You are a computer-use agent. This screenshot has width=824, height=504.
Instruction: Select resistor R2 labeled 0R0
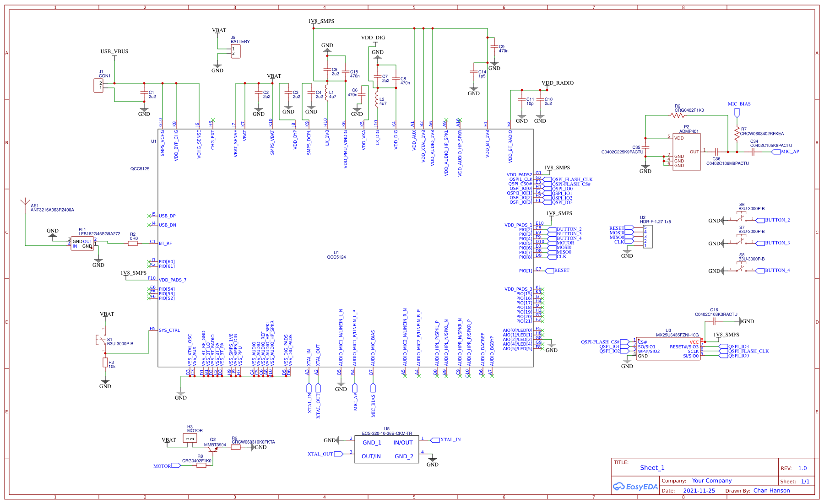(x=133, y=244)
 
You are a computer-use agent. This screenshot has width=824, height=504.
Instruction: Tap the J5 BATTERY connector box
(x=235, y=51)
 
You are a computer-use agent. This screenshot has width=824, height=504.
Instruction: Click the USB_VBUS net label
(x=114, y=51)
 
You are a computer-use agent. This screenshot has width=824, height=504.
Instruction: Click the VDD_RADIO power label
(x=557, y=83)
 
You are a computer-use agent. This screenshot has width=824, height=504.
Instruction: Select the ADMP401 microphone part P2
(x=686, y=152)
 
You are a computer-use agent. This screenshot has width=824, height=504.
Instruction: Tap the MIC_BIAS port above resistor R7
(x=737, y=112)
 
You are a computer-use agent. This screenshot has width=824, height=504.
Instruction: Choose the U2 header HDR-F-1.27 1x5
(x=648, y=236)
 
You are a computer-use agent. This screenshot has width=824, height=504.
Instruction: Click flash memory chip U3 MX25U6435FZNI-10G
(x=668, y=349)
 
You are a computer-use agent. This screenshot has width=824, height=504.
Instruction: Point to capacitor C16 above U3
(x=714, y=321)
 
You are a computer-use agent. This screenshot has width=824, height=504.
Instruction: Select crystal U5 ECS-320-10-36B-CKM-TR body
(x=386, y=449)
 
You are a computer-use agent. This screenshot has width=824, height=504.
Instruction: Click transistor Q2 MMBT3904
(x=214, y=449)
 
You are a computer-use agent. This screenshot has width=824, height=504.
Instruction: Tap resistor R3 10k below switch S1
(x=105, y=363)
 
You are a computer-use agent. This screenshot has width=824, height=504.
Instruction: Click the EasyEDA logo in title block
(x=636, y=487)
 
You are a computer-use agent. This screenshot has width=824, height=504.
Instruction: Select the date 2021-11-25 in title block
(x=699, y=491)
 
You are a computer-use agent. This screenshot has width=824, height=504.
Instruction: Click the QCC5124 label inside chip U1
(x=336, y=257)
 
